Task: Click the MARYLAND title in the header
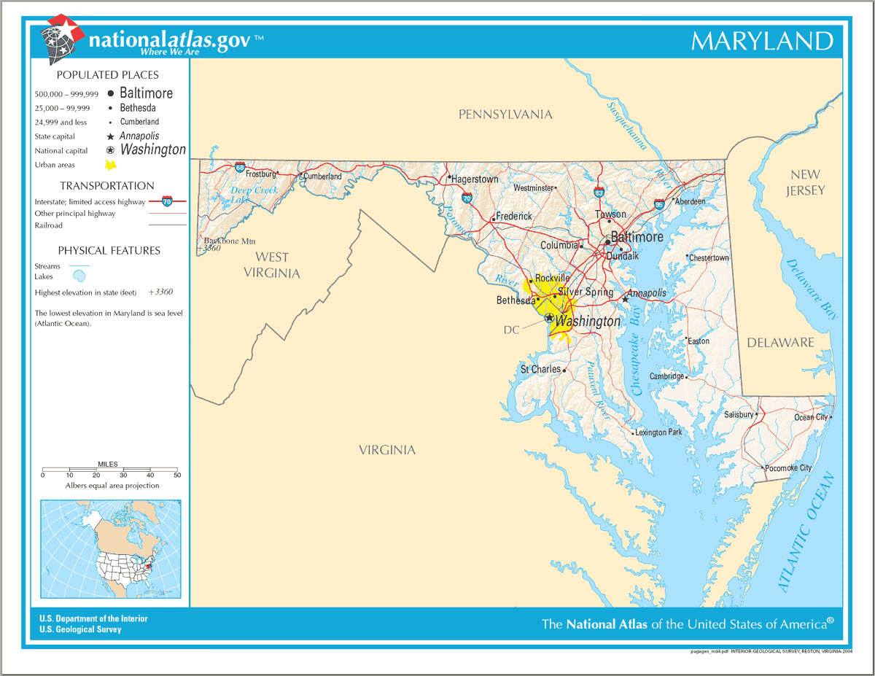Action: [x=762, y=41]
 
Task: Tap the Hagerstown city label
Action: [x=475, y=179]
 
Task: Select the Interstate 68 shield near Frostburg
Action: [x=240, y=167]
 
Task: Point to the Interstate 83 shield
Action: [x=599, y=193]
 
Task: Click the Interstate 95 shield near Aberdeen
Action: [x=659, y=203]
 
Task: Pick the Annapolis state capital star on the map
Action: [x=625, y=298]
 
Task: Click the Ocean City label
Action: [x=811, y=417]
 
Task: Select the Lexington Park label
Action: [x=658, y=432]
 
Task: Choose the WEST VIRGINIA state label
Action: [x=272, y=265]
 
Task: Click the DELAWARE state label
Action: [x=780, y=343]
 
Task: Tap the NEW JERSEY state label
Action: [x=805, y=182]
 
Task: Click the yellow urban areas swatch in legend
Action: [x=110, y=166]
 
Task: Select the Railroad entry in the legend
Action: [x=49, y=225]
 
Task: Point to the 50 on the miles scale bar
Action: [x=177, y=475]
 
